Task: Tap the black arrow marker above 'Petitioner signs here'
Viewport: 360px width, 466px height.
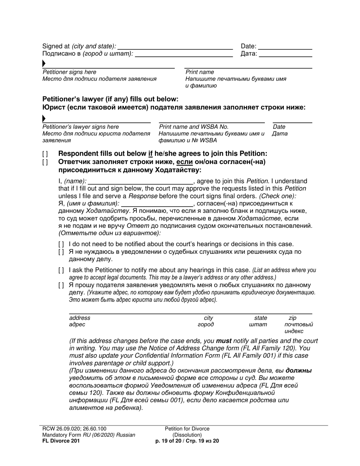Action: click(x=44, y=64)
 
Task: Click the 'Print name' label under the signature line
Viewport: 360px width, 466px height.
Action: click(x=200, y=72)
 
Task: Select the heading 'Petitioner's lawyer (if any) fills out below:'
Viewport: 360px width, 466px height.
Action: click(x=110, y=99)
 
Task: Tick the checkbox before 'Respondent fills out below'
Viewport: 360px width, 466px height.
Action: click(x=45, y=154)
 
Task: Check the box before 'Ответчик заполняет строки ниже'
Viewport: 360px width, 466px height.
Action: click(x=45, y=162)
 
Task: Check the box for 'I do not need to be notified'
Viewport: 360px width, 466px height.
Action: click(x=61, y=244)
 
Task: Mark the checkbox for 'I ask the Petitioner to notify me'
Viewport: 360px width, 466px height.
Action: click(x=61, y=271)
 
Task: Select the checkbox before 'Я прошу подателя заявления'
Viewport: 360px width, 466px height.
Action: click(x=61, y=285)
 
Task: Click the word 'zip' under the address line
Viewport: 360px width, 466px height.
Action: click(x=293, y=318)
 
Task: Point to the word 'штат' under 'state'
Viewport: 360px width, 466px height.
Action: click(x=258, y=325)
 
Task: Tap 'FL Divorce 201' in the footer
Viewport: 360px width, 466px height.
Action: click(x=61, y=441)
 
